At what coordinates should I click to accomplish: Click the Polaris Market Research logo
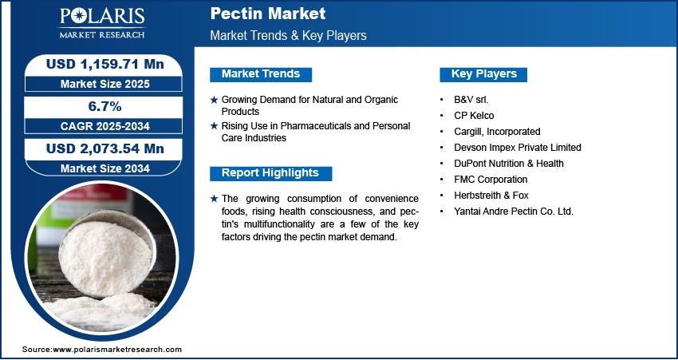tap(102, 22)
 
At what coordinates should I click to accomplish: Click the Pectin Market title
tap(268, 14)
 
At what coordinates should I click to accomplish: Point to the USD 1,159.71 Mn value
tap(105, 65)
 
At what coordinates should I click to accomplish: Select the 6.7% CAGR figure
tap(105, 106)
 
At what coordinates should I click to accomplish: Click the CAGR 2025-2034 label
tap(105, 126)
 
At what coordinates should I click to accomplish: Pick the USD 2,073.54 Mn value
tap(105, 148)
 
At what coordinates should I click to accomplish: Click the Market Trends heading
tap(261, 74)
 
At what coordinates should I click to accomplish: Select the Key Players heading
tap(484, 74)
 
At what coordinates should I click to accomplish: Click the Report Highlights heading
tap(270, 173)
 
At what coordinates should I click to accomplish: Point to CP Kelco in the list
tap(474, 116)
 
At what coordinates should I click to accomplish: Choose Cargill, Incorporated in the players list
tap(497, 132)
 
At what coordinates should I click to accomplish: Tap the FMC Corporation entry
tap(491, 179)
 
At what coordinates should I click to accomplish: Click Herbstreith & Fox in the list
tap(491, 196)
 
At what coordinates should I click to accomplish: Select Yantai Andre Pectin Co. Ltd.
tap(514, 212)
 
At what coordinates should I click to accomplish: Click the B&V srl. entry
tap(471, 100)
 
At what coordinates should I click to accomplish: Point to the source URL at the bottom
tap(102, 350)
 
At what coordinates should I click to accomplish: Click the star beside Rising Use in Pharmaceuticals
tap(214, 126)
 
